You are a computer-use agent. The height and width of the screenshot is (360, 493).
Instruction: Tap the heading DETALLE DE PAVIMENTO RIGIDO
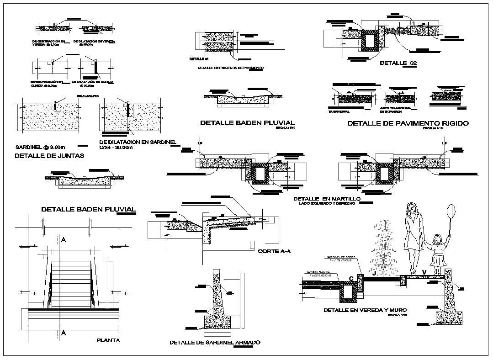408,123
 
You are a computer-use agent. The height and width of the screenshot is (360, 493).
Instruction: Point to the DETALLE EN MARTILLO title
327,199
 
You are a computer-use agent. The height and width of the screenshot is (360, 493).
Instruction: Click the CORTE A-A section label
274,251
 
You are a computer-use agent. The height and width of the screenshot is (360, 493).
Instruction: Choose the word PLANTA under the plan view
108,340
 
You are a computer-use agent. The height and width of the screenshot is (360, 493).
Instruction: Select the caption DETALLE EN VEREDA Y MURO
365,310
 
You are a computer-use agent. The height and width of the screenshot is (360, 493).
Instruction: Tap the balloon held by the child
451,212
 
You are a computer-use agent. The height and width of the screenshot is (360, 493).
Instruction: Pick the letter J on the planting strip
374,274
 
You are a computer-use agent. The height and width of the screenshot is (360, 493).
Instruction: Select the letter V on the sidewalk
424,273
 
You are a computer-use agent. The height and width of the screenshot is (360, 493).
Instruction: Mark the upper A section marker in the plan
64,239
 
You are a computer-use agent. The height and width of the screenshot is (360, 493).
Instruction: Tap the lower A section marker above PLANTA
64,333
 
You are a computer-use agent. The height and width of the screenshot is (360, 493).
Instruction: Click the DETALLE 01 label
199,59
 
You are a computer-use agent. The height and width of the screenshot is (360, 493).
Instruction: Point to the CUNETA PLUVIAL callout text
318,271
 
